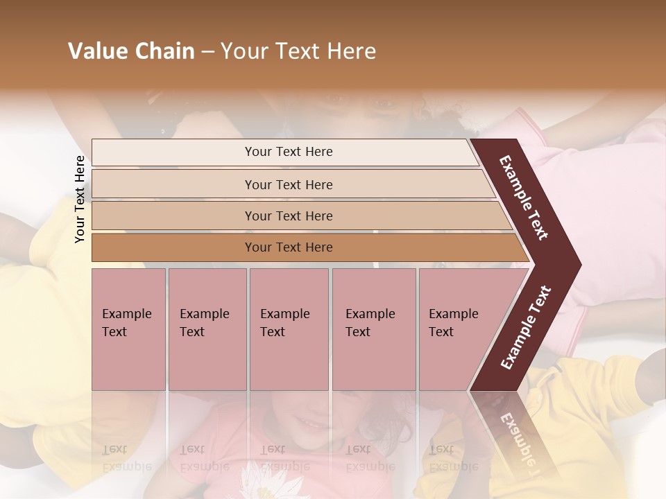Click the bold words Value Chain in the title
point(131,51)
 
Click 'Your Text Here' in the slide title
point(298,51)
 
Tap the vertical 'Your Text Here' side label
point(80,200)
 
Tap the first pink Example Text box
point(128,360)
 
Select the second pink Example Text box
point(207,360)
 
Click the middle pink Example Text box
point(289,360)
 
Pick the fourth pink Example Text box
point(374,360)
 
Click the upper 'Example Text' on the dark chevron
point(524,198)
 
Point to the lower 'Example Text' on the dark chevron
point(526,328)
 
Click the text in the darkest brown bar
point(289,247)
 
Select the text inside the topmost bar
point(289,152)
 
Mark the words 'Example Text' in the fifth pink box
point(453,322)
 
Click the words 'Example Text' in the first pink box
point(126,322)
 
